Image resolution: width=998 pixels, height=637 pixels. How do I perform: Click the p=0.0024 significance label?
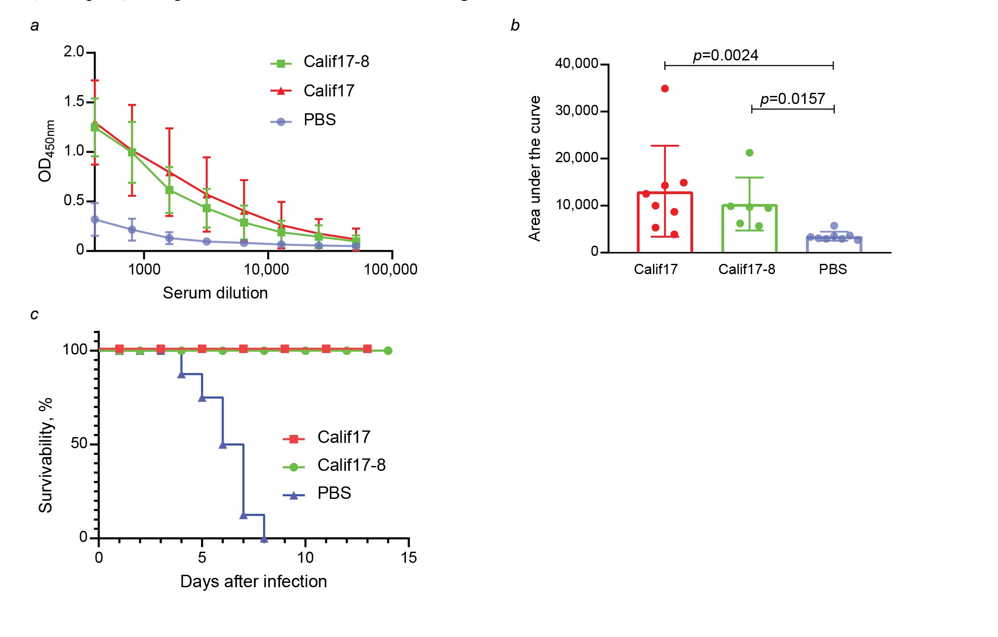click(x=725, y=56)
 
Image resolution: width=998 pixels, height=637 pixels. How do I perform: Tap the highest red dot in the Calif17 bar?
click(x=665, y=89)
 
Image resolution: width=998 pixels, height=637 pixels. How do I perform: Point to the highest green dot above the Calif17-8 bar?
click(x=750, y=153)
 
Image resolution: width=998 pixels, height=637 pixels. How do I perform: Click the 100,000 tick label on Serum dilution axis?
click(x=390, y=269)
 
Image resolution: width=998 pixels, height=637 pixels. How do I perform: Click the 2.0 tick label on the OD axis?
click(x=74, y=52)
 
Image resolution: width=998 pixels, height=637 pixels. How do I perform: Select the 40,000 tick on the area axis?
click(x=576, y=64)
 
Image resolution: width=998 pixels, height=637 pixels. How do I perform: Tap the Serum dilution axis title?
click(x=215, y=293)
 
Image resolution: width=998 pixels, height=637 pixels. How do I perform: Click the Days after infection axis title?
click(x=253, y=581)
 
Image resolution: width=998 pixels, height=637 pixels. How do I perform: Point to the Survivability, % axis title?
click(x=46, y=455)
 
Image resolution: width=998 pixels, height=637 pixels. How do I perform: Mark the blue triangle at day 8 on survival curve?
click(x=264, y=539)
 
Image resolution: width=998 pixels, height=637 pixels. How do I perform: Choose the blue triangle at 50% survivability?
click(x=223, y=445)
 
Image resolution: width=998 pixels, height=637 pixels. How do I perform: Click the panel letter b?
click(x=515, y=25)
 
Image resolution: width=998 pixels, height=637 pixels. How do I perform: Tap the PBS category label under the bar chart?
click(x=833, y=269)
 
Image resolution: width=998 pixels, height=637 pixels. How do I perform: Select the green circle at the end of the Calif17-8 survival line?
click(x=388, y=351)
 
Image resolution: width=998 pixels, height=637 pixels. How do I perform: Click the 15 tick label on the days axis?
click(x=409, y=558)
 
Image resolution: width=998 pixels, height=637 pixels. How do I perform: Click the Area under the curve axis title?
click(x=535, y=169)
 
